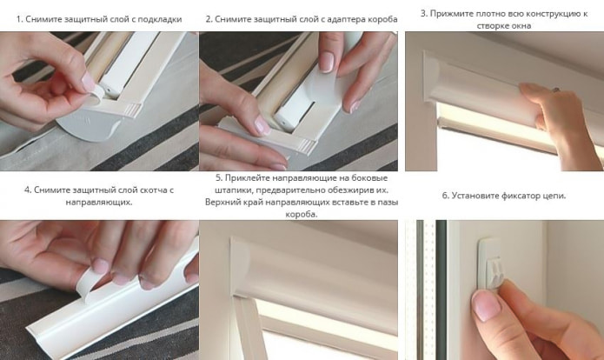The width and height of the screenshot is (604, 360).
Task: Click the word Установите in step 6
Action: (x=476, y=196)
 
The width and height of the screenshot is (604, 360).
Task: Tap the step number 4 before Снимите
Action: (x=28, y=190)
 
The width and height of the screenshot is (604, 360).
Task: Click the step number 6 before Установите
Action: (x=445, y=196)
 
